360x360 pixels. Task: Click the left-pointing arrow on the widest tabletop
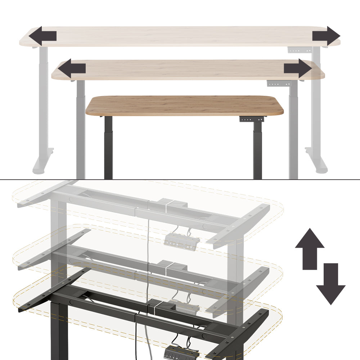coord(42,36)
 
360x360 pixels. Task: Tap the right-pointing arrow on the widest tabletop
coord(326,36)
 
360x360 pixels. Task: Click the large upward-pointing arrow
coord(310,248)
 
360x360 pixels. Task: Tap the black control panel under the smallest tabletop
coord(252,119)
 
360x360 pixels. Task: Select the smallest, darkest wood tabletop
coord(184,105)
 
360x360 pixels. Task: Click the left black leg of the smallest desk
coord(108,148)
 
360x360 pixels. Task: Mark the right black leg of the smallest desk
coord(257,149)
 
